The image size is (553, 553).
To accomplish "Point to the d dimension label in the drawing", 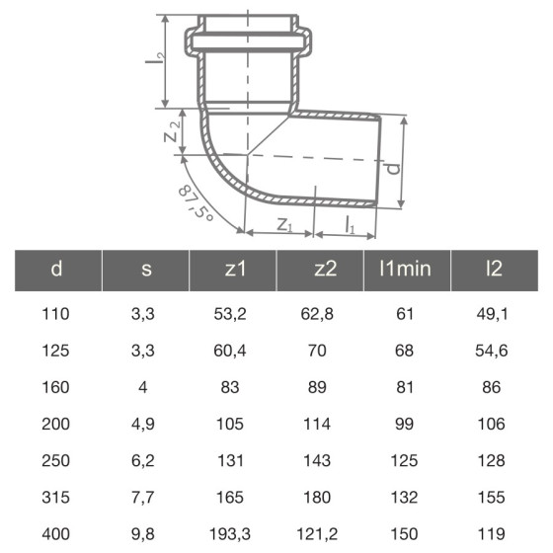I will click(394, 169).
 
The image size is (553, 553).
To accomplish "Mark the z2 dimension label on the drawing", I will click(173, 130).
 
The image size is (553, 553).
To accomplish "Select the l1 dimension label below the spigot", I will click(351, 226).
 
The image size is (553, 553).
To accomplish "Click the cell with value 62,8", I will click(318, 316).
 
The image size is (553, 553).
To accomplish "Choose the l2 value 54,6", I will click(495, 352).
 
